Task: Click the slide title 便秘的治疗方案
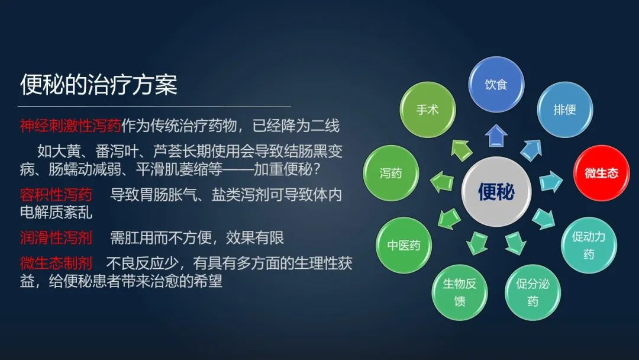point(99,85)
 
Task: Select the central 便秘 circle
point(496,191)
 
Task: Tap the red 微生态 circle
point(601,173)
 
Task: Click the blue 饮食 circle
point(496,84)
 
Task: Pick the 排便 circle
point(564,110)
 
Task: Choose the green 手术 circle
point(427,110)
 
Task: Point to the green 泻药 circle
point(390,173)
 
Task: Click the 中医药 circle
point(404,245)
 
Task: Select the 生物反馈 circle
point(460,291)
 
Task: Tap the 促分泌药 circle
point(532,291)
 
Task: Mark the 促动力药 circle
point(588,245)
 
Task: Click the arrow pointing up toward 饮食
point(496,136)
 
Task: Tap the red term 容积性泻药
point(56,195)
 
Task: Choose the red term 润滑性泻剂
point(56,237)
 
